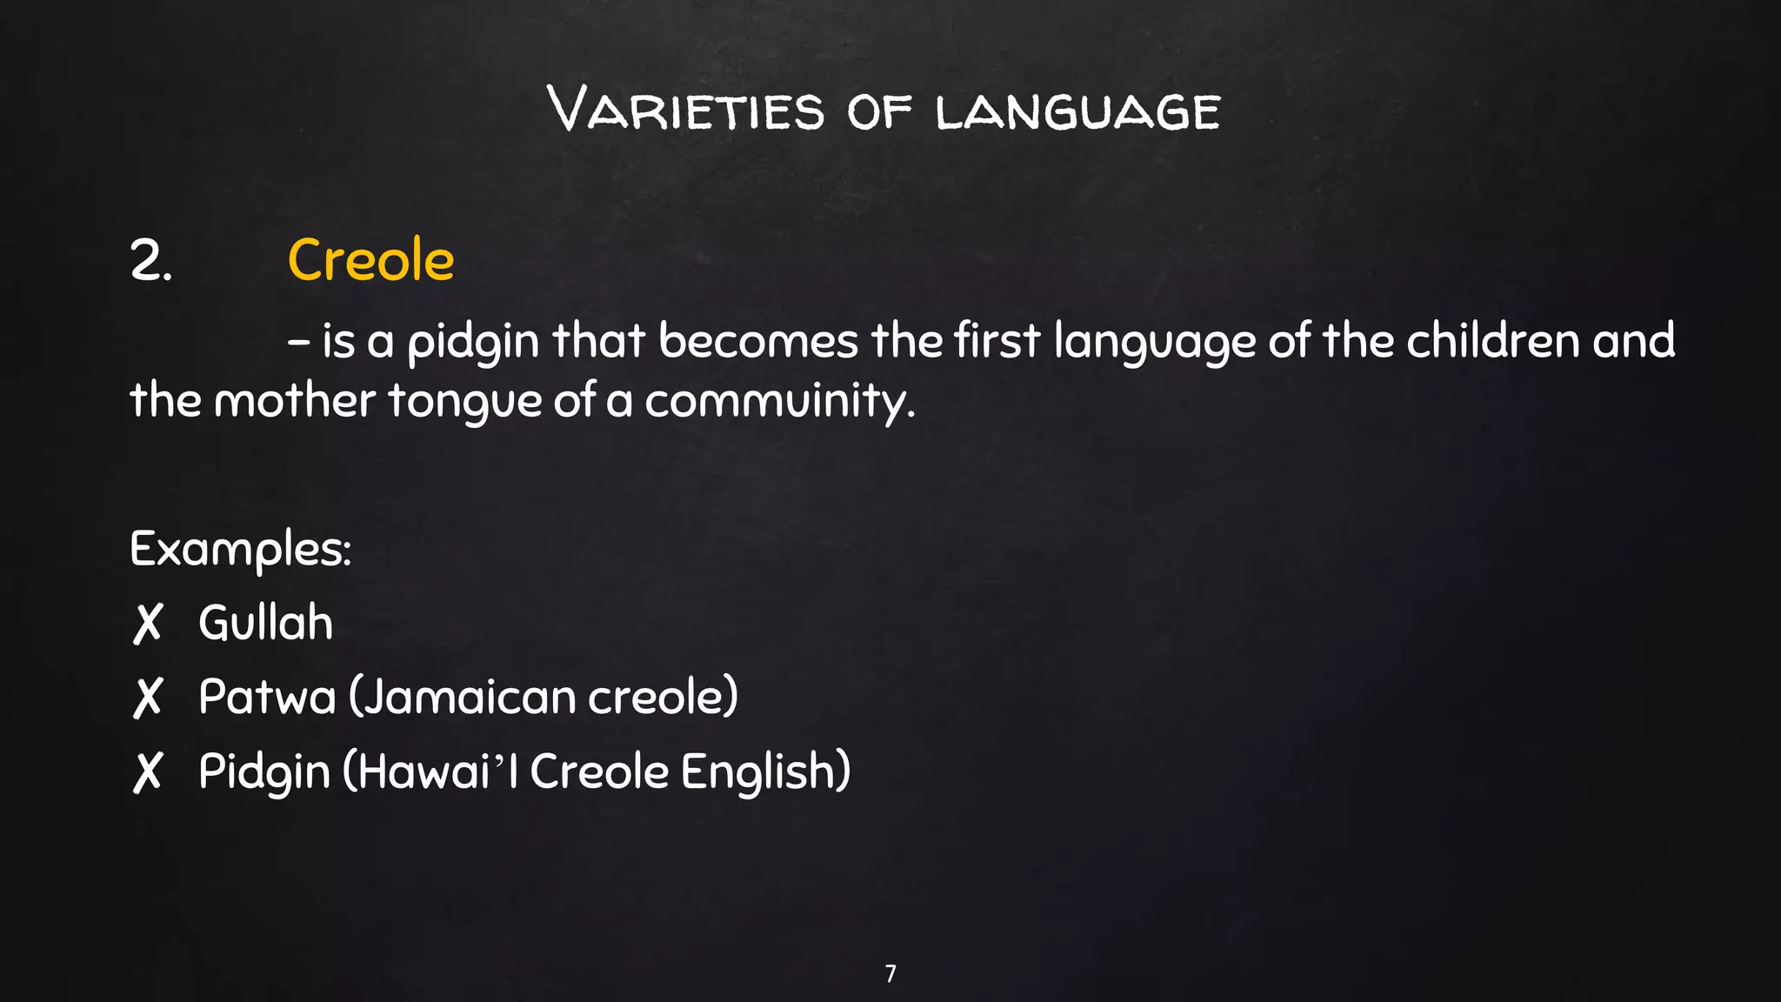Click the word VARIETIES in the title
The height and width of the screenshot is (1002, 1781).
(x=686, y=110)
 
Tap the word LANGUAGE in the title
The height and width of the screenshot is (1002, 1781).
(x=1078, y=113)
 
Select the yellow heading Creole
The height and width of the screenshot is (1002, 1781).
(x=370, y=260)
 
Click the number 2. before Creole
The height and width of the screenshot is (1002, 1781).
(x=150, y=261)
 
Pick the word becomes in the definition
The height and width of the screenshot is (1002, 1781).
(x=758, y=340)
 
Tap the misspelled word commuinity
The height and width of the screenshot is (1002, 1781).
(x=779, y=403)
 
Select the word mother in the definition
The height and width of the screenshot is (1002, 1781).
(x=294, y=401)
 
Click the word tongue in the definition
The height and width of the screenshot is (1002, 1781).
(x=464, y=403)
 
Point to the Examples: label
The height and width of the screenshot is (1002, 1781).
(x=240, y=550)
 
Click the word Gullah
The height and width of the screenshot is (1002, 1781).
(x=265, y=623)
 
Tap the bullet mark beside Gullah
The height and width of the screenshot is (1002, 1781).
(x=148, y=624)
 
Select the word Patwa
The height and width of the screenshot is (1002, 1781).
(x=266, y=697)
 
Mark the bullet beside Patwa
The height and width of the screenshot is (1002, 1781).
(x=148, y=698)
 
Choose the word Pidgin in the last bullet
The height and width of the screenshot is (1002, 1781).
(x=264, y=772)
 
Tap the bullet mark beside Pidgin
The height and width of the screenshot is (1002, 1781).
(x=148, y=772)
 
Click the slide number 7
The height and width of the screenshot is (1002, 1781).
(x=890, y=973)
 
